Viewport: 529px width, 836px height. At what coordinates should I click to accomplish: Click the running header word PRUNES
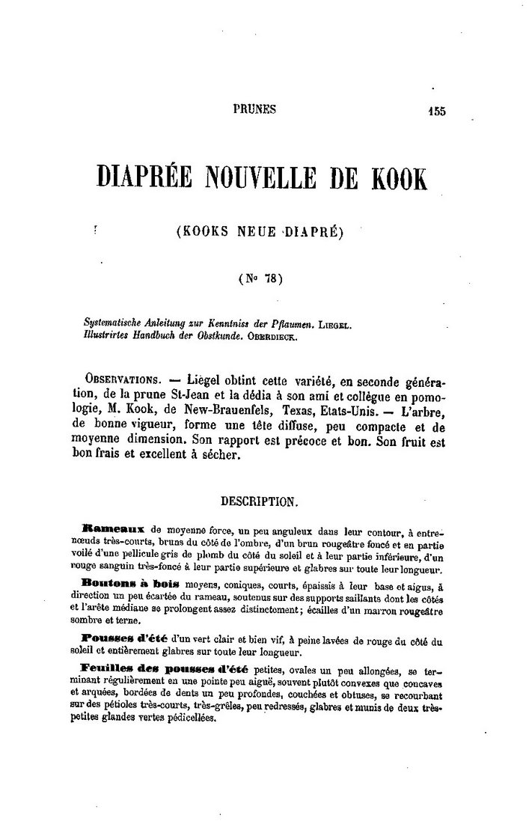pos(254,109)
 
